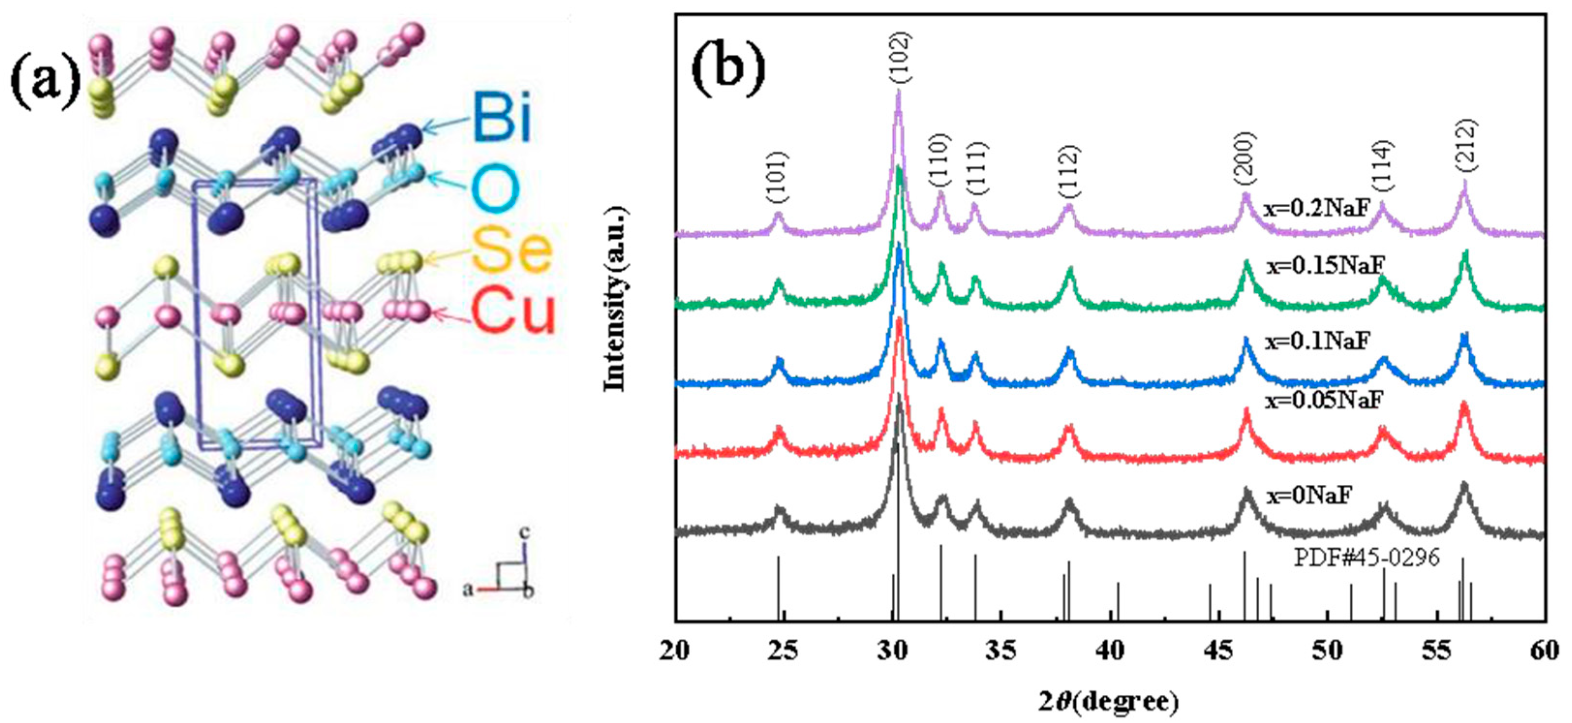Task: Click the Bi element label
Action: (x=502, y=117)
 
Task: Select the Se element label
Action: (x=511, y=250)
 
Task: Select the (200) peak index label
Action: (x=1245, y=159)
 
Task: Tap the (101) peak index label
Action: (x=778, y=178)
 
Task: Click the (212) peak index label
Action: (x=1465, y=145)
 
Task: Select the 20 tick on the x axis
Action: (x=675, y=651)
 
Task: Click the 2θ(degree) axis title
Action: (x=1108, y=702)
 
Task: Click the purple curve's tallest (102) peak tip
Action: (x=898, y=92)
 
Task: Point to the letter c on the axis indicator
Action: (x=524, y=533)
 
